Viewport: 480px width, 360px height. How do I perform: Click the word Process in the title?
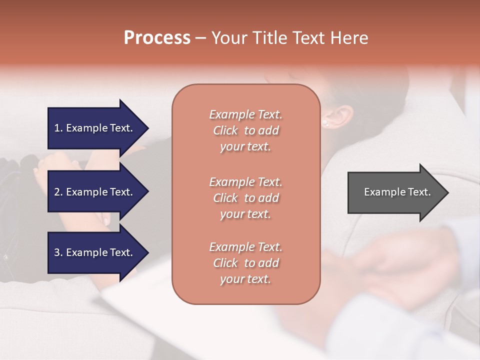[157, 37]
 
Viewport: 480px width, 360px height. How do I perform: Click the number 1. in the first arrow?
[58, 128]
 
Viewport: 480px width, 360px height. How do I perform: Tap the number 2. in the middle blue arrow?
[58, 192]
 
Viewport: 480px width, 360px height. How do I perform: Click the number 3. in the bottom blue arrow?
[58, 252]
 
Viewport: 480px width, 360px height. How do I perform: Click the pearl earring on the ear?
[325, 122]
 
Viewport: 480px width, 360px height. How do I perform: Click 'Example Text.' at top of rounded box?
[245, 114]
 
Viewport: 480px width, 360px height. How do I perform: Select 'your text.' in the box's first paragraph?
[245, 147]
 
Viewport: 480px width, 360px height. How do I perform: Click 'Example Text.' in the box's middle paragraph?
[245, 181]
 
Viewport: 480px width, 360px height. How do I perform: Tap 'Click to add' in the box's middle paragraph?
[245, 198]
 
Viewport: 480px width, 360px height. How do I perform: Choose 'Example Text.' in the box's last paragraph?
[245, 247]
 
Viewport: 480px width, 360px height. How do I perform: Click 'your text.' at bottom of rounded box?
[245, 279]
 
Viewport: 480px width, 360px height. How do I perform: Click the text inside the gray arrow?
[397, 192]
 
